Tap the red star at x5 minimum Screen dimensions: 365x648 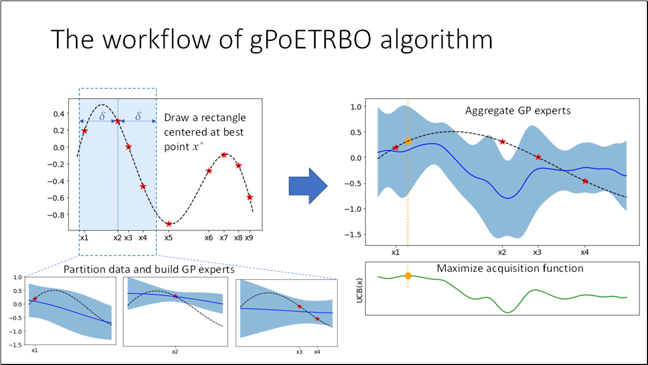coord(169,224)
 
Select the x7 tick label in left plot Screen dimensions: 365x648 coord(224,237)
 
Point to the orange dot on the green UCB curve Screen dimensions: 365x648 coord(408,276)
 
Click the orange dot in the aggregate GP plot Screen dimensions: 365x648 coord(408,141)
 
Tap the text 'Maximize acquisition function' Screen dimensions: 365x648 coord(510,268)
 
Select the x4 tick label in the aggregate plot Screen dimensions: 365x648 coord(585,252)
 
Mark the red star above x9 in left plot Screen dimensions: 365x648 coord(250,197)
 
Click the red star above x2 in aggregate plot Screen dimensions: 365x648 coord(502,142)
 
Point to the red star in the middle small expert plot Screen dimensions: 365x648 coord(175,296)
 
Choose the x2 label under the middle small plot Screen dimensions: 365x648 coord(175,352)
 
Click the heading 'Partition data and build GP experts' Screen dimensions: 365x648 coord(149,269)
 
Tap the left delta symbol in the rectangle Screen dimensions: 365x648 coord(102,116)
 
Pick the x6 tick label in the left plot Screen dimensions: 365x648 coord(209,237)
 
